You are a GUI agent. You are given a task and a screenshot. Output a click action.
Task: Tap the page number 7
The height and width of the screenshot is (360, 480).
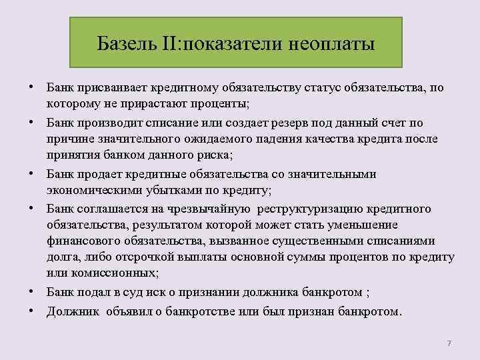(449, 343)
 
